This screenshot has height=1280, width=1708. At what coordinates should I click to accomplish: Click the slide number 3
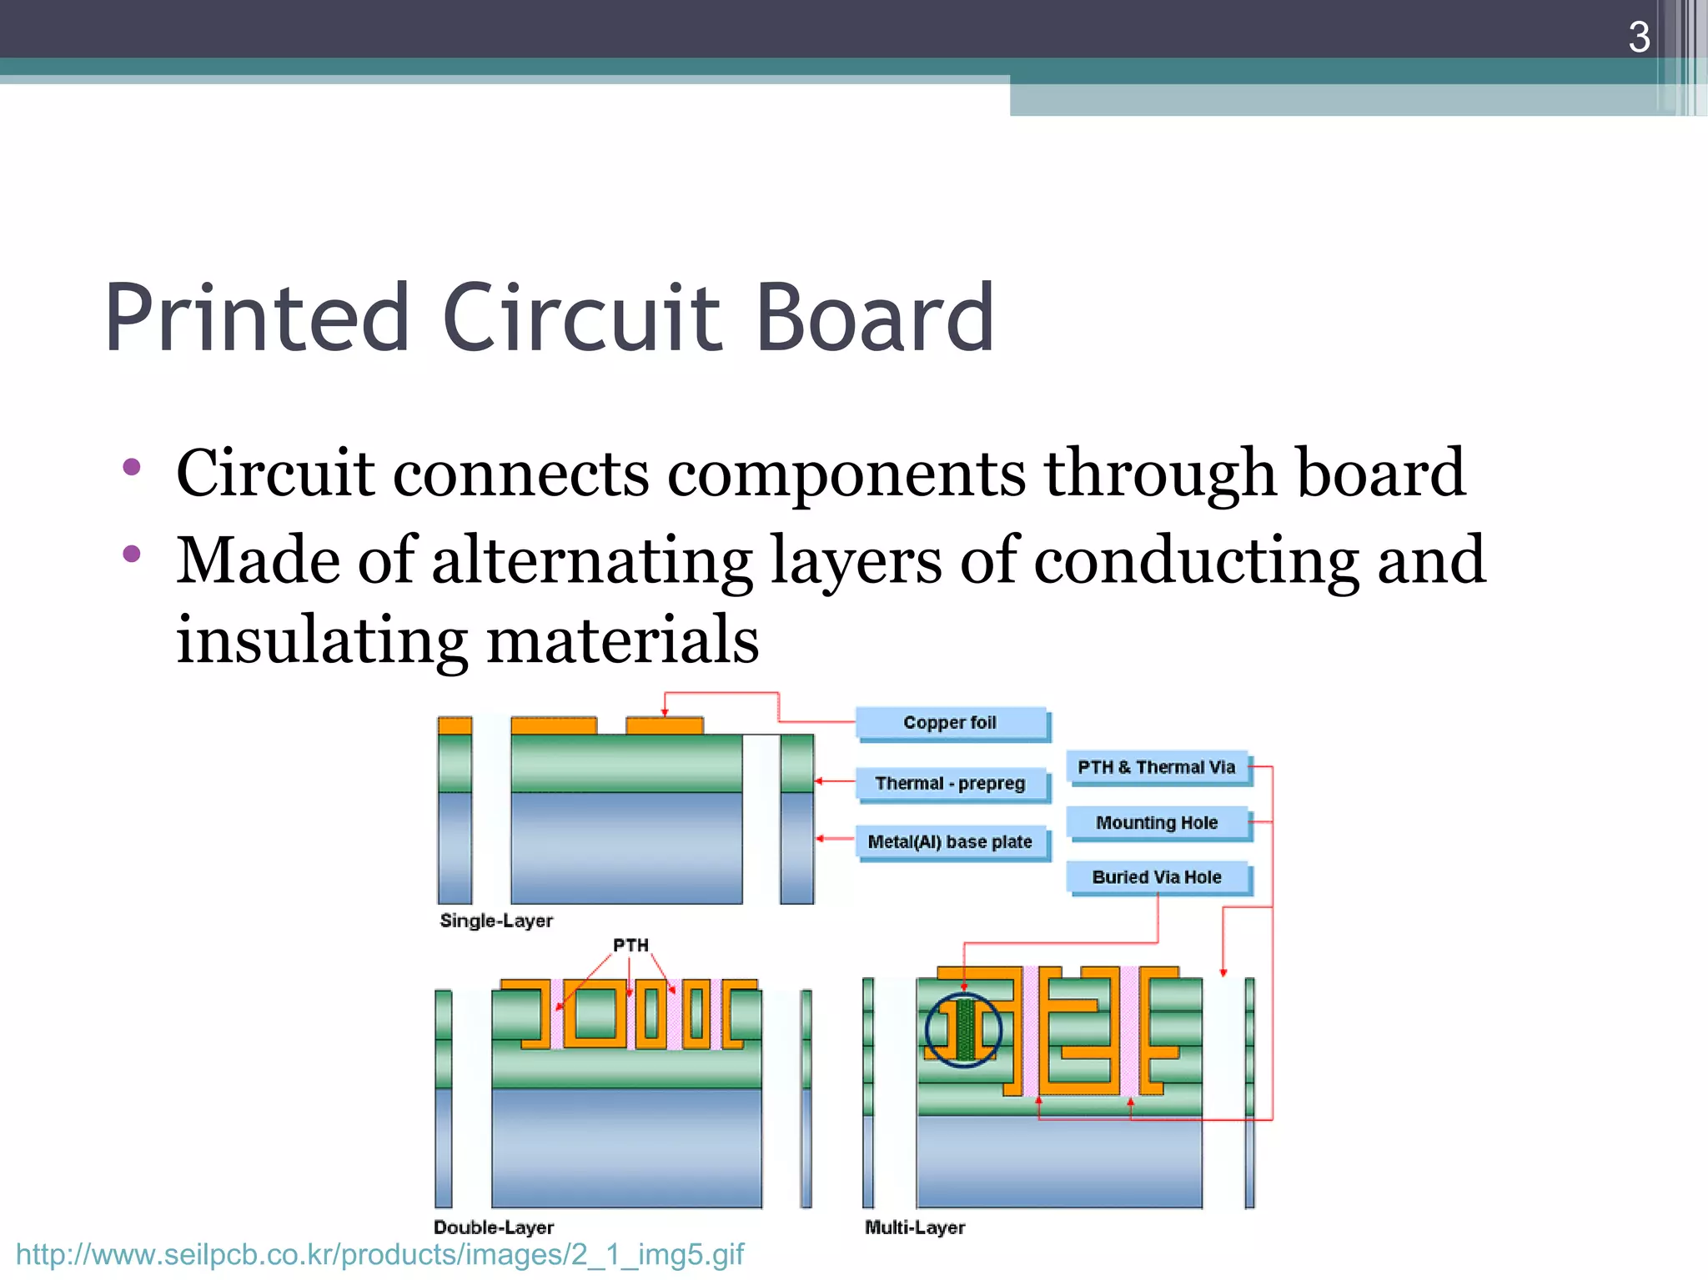point(1638,38)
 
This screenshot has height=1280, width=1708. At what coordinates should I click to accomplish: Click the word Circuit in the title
point(581,319)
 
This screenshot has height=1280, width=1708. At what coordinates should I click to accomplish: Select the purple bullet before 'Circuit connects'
point(131,467)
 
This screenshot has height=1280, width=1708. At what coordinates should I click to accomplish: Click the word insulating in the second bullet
point(321,640)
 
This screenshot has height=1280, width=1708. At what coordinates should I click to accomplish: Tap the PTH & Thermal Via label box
point(1157,767)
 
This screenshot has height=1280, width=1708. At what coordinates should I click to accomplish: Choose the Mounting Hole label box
point(1157,823)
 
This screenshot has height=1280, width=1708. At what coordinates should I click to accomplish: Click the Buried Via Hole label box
point(1157,877)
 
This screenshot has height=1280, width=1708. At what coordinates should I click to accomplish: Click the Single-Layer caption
point(496,921)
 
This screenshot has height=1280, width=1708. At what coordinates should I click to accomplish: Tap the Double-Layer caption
point(494,1227)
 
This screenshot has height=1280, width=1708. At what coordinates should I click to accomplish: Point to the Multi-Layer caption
point(915,1227)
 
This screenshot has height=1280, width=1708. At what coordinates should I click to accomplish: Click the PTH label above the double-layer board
point(630,946)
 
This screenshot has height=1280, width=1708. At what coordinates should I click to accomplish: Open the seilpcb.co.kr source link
point(379,1255)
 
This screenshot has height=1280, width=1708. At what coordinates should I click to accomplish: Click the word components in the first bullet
point(846,474)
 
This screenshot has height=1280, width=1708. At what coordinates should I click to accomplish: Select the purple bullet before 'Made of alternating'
point(131,555)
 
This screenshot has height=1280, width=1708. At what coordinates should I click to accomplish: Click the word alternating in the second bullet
point(592,560)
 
